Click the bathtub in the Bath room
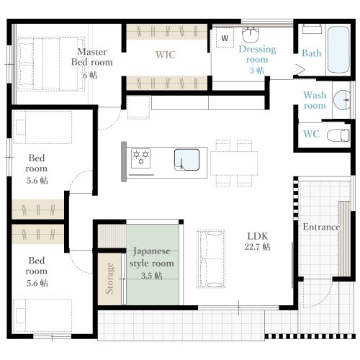pos(338,50)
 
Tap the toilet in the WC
pos(338,135)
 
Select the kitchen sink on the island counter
pos(187,160)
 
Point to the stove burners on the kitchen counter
pos(141,158)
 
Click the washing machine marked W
pos(225,37)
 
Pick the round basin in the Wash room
pos(342,100)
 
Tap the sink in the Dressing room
pos(251,35)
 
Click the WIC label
pos(166,55)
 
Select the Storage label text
pos(109,278)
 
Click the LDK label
pos(258,236)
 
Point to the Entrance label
pos(321,227)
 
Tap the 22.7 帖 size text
pos(258,247)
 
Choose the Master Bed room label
pos(92,57)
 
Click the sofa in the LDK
pos(211,258)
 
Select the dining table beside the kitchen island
pos(234,163)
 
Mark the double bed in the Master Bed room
pos(51,64)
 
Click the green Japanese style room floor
pos(153,265)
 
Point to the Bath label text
pos(312,53)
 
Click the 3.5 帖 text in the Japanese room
pos(152,276)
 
